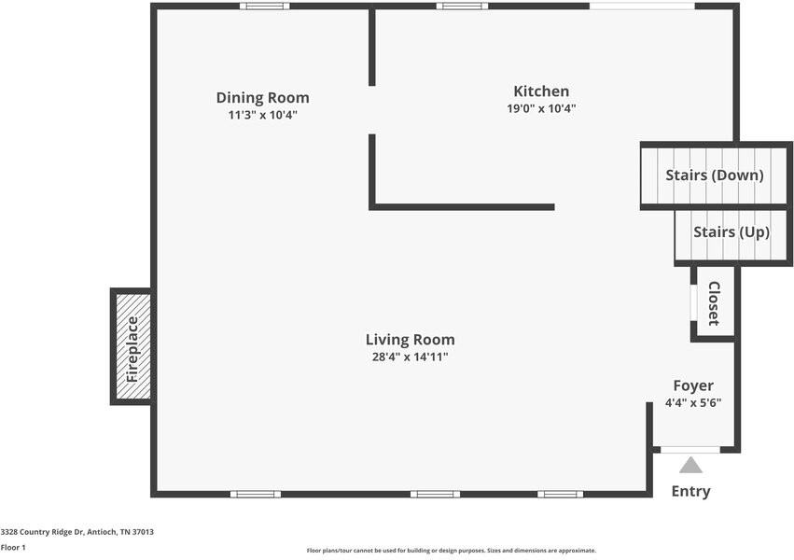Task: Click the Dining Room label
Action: (262, 97)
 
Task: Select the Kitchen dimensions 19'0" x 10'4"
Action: (541, 108)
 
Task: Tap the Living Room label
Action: (410, 340)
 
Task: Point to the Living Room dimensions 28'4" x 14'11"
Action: (410, 357)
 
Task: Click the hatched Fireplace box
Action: (132, 346)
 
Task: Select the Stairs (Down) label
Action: (714, 175)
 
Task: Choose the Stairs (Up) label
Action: (731, 232)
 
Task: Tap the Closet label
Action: (714, 303)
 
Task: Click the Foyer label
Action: (693, 385)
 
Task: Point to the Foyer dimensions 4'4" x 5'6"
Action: (693, 403)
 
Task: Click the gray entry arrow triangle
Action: (690, 465)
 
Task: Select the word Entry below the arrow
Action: (690, 491)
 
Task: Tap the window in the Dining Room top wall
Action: (264, 7)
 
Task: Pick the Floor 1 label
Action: (13, 547)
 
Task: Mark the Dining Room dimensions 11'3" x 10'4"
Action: (262, 115)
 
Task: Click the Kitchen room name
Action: (541, 91)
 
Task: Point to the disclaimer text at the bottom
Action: (452, 551)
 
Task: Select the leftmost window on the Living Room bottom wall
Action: (255, 494)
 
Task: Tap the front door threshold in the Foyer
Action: (690, 450)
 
